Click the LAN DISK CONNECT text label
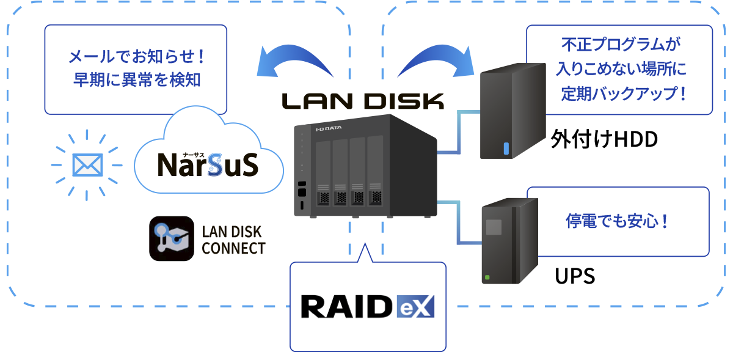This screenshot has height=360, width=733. point(233,240)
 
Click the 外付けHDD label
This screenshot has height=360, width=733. point(604,139)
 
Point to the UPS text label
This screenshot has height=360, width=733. point(575,276)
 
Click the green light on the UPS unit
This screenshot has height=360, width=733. point(487,277)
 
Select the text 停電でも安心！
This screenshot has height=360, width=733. point(618,221)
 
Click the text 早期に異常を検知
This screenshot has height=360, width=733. point(137,80)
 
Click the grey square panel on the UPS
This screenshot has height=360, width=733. point(493,226)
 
